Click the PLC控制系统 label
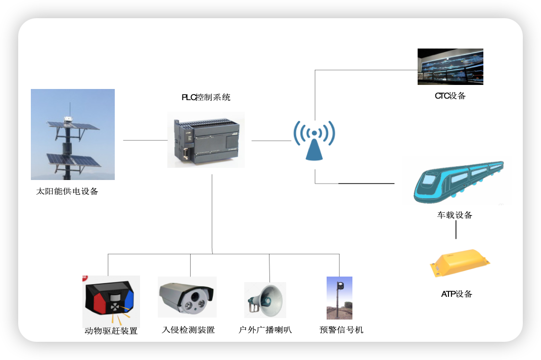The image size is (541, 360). click(x=206, y=98)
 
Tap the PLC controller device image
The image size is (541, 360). click(x=206, y=140)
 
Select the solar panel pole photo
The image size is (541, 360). click(x=73, y=134)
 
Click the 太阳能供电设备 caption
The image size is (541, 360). click(x=67, y=192)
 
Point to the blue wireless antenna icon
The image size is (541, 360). click(x=314, y=140)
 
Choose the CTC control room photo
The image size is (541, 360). click(x=450, y=66)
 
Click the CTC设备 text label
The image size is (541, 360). click(x=450, y=96)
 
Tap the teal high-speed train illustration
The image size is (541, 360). click(x=456, y=181)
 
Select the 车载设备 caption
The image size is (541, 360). click(x=455, y=215)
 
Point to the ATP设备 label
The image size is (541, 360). click(x=457, y=294)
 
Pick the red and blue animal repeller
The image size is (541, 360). click(x=111, y=301)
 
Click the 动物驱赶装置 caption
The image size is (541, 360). click(x=111, y=331)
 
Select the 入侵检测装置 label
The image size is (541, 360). click(x=188, y=330)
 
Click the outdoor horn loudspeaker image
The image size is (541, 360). click(x=265, y=299)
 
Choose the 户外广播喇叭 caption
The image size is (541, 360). click(x=265, y=330)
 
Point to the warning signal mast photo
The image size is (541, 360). click(x=339, y=298)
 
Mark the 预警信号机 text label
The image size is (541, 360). click(x=341, y=330)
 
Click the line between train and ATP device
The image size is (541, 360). click(x=456, y=230)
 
